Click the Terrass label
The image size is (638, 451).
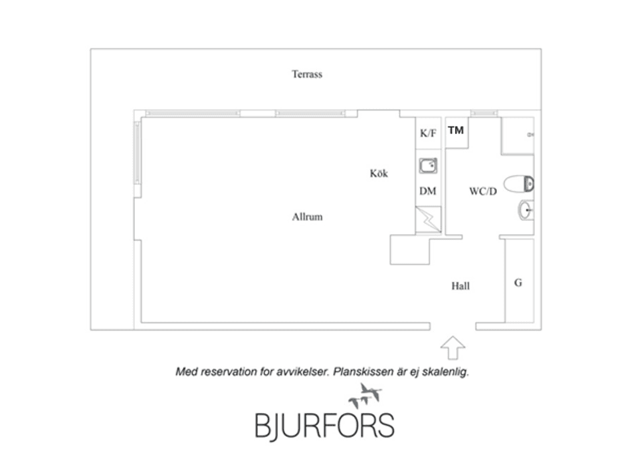[x=307, y=74]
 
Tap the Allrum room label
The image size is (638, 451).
[x=307, y=217]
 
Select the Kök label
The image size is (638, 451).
[x=379, y=173]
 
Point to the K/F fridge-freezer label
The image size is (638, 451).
[x=428, y=133]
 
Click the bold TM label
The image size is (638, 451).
[x=456, y=130]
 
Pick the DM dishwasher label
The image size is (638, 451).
[x=427, y=191]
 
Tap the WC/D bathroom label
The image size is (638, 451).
[x=483, y=191]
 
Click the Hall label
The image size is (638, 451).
[x=461, y=286]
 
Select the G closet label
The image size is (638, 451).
[x=518, y=282]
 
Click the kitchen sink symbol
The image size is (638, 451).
[x=429, y=166]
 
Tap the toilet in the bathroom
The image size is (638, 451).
[x=519, y=184]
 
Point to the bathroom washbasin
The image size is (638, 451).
[x=526, y=211]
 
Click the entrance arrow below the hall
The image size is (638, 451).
[x=453, y=347]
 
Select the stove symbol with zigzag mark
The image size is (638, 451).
[x=428, y=220]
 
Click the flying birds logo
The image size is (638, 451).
[x=365, y=396]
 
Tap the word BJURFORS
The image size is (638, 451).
[x=325, y=426]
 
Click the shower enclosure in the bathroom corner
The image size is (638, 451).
[x=518, y=136]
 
